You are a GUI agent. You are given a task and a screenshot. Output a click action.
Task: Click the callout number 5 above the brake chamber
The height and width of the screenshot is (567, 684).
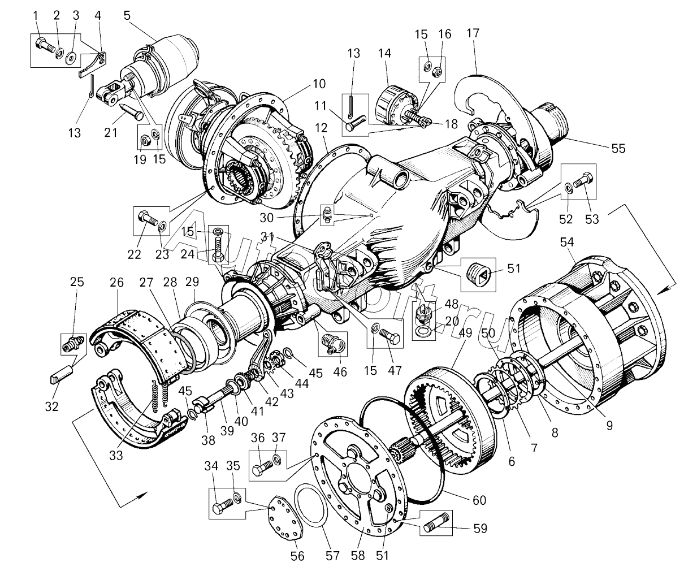(x=127, y=15)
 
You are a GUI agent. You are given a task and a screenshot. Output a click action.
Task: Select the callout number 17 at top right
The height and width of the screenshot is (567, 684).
(x=473, y=33)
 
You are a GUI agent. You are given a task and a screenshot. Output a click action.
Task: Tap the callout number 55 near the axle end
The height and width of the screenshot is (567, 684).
(x=618, y=148)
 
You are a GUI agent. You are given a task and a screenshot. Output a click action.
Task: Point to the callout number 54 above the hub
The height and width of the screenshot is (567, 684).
(x=567, y=242)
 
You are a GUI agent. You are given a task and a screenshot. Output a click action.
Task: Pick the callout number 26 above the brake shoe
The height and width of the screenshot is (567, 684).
(x=116, y=282)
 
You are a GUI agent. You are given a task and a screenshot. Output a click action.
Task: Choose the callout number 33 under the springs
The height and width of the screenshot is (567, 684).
(x=116, y=455)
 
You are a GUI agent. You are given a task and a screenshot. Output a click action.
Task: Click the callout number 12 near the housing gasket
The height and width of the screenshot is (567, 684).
(x=321, y=128)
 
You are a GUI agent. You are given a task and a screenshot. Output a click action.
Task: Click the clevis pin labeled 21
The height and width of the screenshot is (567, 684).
(x=131, y=110)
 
